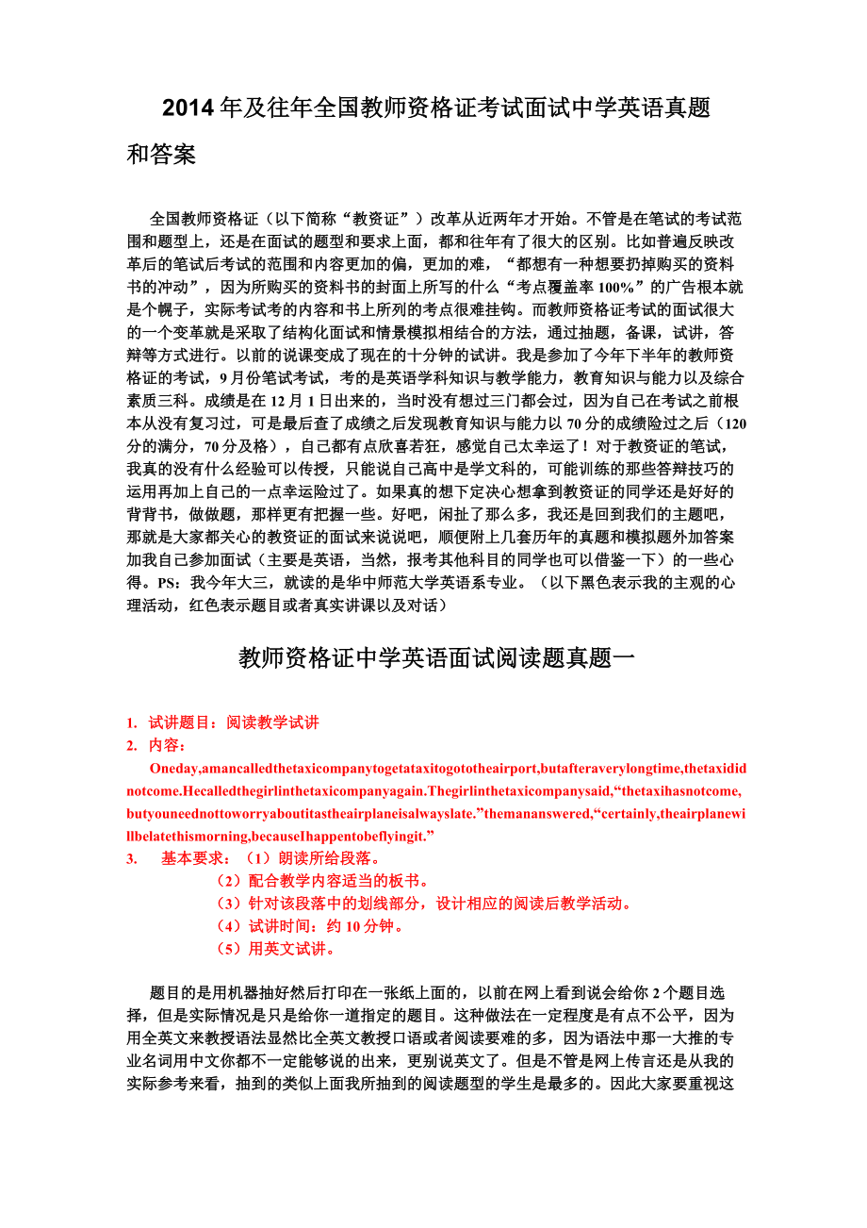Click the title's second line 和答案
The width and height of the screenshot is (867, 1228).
click(161, 155)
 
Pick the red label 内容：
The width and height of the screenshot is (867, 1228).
click(169, 745)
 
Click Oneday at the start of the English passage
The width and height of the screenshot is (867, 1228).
click(174, 768)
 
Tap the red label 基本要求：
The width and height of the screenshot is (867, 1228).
click(195, 858)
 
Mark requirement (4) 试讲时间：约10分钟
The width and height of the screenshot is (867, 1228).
click(311, 926)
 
